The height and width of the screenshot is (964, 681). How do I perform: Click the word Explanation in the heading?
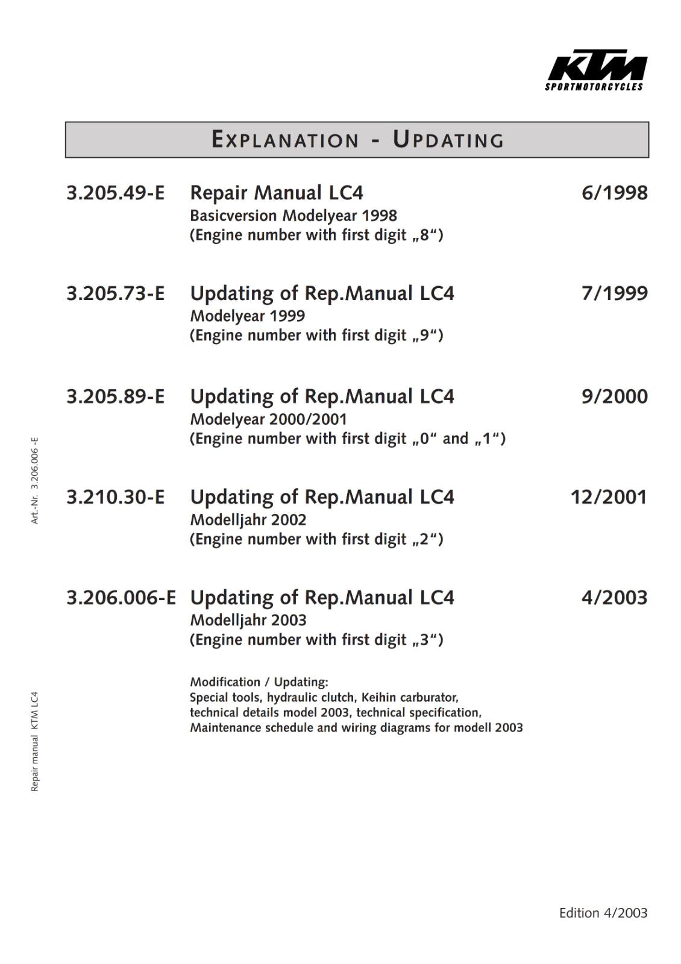[x=285, y=140]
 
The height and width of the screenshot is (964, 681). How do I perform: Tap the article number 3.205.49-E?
[x=115, y=193]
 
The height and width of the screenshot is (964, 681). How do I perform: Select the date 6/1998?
[x=614, y=193]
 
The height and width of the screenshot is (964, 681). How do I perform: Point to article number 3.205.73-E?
[x=115, y=293]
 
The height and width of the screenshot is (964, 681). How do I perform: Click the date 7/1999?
[x=614, y=293]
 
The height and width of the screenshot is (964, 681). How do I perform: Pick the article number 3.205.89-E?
[x=115, y=396]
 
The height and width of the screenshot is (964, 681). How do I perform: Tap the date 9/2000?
[x=614, y=396]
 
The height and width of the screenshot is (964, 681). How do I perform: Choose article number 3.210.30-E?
[x=115, y=497]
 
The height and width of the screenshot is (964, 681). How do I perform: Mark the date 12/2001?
[x=609, y=497]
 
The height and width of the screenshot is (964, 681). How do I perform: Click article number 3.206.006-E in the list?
[x=121, y=598]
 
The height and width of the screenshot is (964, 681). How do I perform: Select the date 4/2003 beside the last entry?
[x=614, y=598]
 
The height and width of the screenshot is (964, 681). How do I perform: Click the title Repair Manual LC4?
[x=277, y=193]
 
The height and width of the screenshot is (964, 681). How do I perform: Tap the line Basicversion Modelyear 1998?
[x=293, y=216]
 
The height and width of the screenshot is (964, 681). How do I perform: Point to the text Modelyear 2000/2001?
[x=269, y=419]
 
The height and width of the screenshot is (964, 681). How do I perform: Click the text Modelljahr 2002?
[x=248, y=520]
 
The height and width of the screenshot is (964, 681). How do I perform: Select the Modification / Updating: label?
[x=259, y=682]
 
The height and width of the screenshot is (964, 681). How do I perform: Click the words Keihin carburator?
[x=410, y=698]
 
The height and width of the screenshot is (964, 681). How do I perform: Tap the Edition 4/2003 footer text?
[x=603, y=913]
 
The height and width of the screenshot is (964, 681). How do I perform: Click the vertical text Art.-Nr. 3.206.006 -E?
[x=35, y=480]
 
